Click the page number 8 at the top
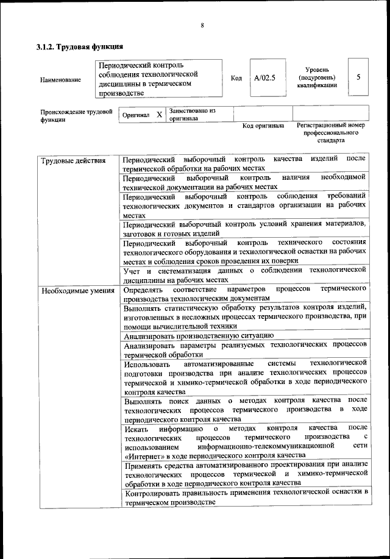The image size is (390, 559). [x=201, y=25]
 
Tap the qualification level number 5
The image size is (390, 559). [x=358, y=77]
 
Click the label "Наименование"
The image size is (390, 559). [x=60, y=80]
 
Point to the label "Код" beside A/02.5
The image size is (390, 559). [x=236, y=79]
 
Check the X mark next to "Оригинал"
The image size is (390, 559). [x=158, y=115]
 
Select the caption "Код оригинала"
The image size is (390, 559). [x=263, y=126]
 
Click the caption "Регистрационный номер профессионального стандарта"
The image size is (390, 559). [x=329, y=132]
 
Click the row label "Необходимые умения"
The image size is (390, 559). [x=78, y=290]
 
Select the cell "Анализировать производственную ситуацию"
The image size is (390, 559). [x=198, y=335]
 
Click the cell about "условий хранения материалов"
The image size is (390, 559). [x=244, y=228]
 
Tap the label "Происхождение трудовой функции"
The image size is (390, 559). [x=77, y=116]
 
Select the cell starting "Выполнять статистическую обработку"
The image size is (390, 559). [x=244, y=316]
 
